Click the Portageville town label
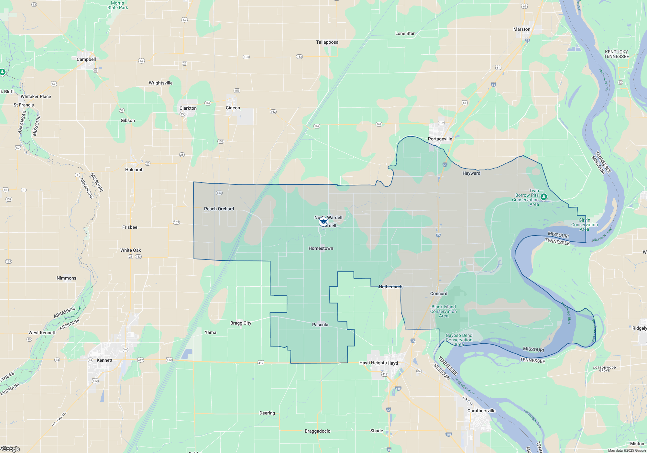tap(440, 139)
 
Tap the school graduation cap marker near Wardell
tap(323, 222)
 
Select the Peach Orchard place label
tap(219, 209)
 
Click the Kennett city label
tap(104, 360)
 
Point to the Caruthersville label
tap(481, 411)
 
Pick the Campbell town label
tap(86, 59)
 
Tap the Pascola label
tap(320, 325)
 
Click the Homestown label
tap(321, 248)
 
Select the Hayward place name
tap(471, 173)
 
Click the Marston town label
tap(522, 29)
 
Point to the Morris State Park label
tap(118, 5)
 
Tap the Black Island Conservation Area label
tap(444, 311)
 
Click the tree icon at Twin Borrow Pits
tap(544, 196)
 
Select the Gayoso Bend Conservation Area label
tap(459, 340)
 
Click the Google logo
tap(11, 449)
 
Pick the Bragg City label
tap(241, 323)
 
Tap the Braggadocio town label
tap(318, 431)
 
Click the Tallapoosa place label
tap(327, 42)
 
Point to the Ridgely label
tap(640, 328)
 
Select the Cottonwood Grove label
tap(604, 369)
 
